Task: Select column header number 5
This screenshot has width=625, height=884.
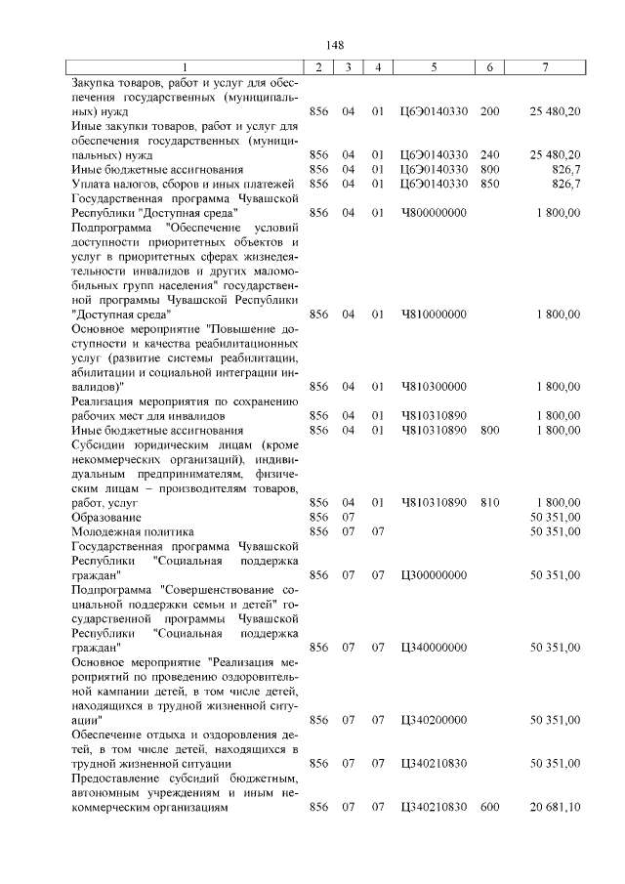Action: (434, 65)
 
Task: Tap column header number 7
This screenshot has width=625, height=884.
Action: (546, 65)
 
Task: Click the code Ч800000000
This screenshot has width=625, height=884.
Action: (434, 211)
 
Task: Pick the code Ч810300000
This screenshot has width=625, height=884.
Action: (434, 387)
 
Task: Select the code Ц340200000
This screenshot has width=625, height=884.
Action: (434, 720)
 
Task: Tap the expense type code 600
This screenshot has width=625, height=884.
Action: (489, 807)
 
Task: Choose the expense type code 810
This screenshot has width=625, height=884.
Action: (489, 502)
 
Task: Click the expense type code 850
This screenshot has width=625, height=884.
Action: (489, 183)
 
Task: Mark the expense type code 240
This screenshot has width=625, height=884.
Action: (489, 154)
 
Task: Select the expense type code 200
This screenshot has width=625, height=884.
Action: (489, 111)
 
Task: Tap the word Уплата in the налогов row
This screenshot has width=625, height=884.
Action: (93, 183)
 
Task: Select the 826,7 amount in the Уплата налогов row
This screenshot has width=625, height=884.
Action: (566, 183)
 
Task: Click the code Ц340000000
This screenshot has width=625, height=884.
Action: (434, 648)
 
